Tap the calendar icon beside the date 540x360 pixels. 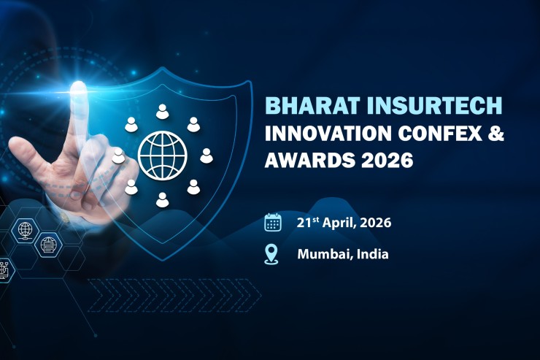click(x=273, y=222)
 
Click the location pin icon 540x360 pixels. click(x=272, y=254)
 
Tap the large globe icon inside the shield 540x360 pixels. click(x=162, y=154)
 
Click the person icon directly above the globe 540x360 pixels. click(x=162, y=111)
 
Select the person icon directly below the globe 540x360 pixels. click(x=162, y=199)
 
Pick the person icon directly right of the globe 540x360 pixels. click(x=207, y=155)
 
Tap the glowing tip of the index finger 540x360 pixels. click(x=79, y=91)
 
